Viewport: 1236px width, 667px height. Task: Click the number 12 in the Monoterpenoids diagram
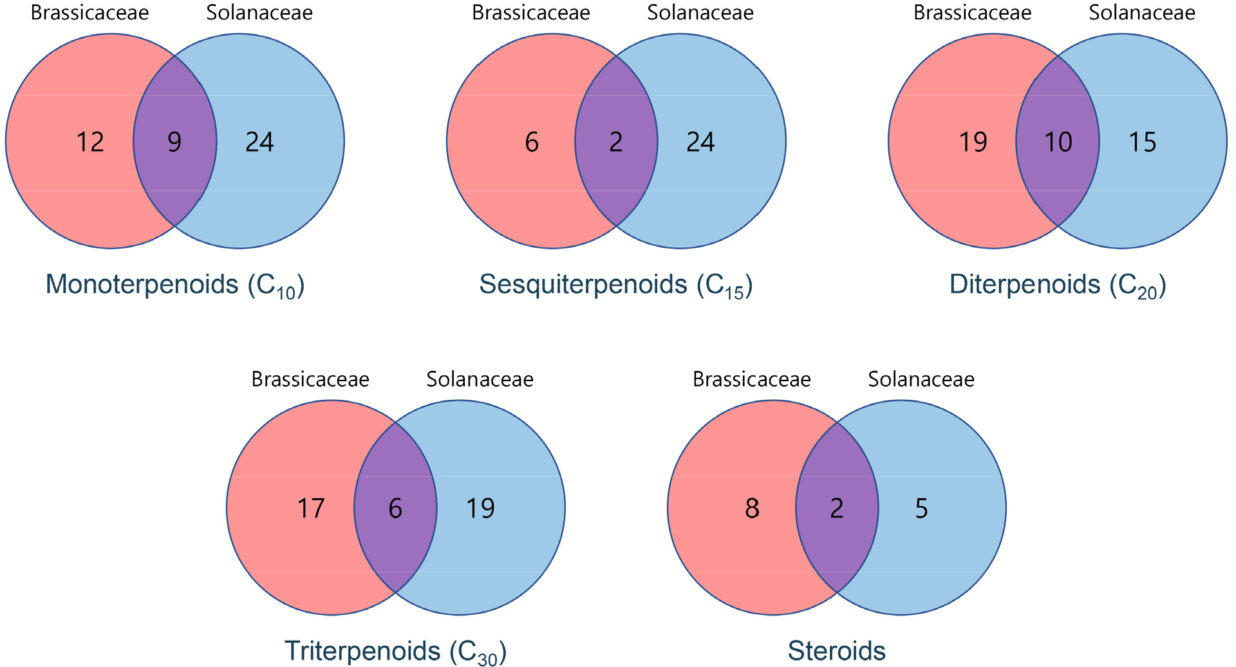(x=90, y=142)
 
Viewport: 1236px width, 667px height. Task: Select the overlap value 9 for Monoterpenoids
(x=174, y=142)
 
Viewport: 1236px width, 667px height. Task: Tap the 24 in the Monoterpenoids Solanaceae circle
(x=259, y=142)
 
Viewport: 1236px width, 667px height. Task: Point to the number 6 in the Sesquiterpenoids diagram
(x=532, y=142)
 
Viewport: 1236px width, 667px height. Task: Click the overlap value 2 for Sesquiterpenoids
(x=616, y=142)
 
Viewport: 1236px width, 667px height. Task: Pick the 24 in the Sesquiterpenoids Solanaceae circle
(x=700, y=142)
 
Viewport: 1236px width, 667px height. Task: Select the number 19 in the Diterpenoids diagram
(x=973, y=142)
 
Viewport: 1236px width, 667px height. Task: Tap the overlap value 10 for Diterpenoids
(x=1058, y=142)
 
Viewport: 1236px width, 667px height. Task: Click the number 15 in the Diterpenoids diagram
(x=1143, y=142)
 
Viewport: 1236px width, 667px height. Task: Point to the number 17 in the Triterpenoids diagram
(x=311, y=508)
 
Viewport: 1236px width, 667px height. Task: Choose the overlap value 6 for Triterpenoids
(x=395, y=508)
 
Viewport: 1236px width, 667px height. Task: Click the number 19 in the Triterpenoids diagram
(x=480, y=508)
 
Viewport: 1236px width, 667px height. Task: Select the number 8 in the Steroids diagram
(x=752, y=508)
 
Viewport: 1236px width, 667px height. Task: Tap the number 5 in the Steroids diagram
(x=921, y=508)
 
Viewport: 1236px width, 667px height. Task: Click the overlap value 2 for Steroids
(x=837, y=508)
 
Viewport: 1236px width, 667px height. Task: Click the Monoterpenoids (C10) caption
(x=174, y=285)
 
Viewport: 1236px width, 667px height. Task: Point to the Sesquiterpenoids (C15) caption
(x=616, y=285)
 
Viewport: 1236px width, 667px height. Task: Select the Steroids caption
(x=836, y=651)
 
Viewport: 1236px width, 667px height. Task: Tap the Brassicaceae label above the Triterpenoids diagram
(x=310, y=379)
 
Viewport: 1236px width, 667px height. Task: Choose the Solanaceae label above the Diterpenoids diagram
(x=1142, y=13)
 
